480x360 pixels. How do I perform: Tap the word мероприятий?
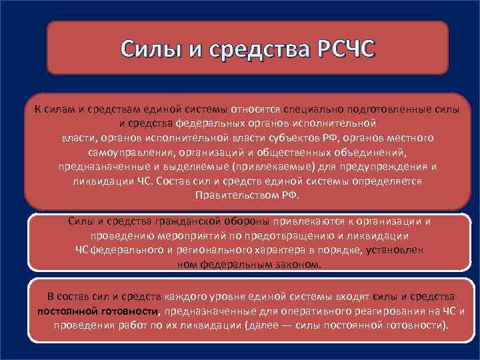174,235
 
